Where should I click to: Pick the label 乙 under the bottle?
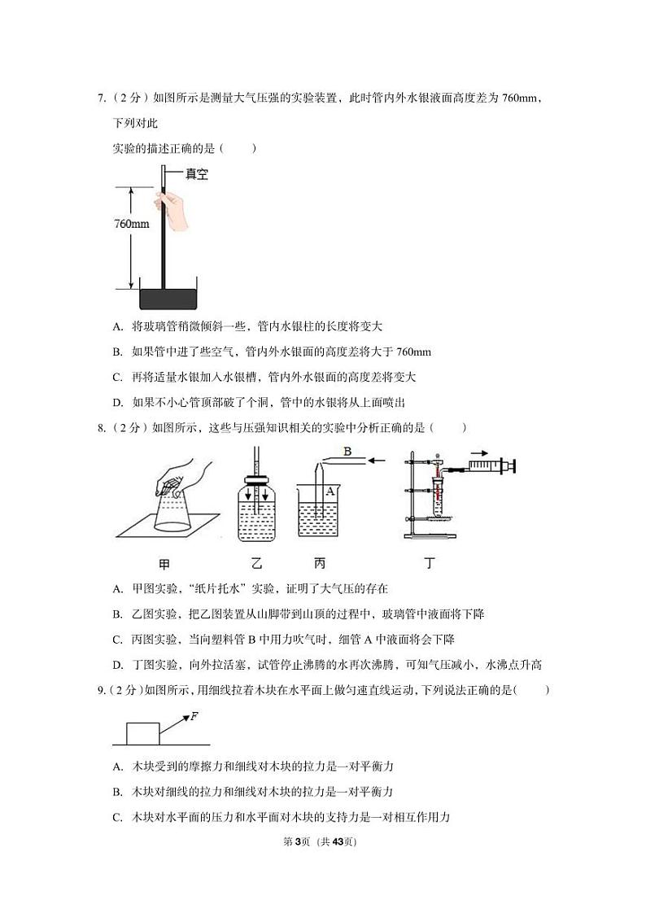[x=257, y=563]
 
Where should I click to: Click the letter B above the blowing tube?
[x=347, y=451]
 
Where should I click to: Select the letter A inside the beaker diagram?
[x=330, y=491]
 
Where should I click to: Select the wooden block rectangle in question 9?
[x=142, y=732]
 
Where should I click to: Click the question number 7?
[x=101, y=99]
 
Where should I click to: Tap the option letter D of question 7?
[x=117, y=402]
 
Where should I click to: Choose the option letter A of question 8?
[x=117, y=588]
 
